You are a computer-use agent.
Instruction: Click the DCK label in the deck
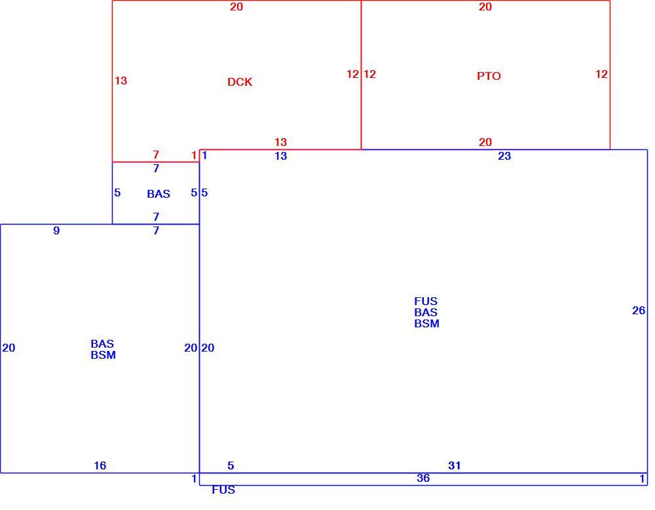coord(240,82)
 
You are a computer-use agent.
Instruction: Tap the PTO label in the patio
coord(489,76)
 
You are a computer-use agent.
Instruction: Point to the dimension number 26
coord(638,310)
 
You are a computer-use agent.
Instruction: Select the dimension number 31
coord(455,465)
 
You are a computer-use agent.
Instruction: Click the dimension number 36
coord(423,478)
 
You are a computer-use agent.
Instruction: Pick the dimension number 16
coord(100,465)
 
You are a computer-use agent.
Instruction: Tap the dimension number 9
coord(56,230)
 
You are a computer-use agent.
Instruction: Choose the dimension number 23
coord(504,156)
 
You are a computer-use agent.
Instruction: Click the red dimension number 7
coord(156,155)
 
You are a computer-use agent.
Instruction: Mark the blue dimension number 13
coord(281,156)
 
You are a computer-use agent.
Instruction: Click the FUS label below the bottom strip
coord(223,490)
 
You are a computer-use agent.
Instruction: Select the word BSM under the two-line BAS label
coord(103,355)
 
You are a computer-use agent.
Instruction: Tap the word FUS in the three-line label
coord(426,301)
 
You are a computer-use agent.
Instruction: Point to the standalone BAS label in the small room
coord(159,194)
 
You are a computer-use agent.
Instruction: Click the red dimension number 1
coord(194,155)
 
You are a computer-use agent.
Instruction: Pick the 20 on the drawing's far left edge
coord(9,348)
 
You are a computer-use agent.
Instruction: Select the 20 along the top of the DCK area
coord(236,7)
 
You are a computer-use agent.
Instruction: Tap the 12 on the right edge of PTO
coord(601,74)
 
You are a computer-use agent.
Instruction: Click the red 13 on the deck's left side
coord(121,81)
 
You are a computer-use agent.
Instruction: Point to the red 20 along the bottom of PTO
coord(485,142)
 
